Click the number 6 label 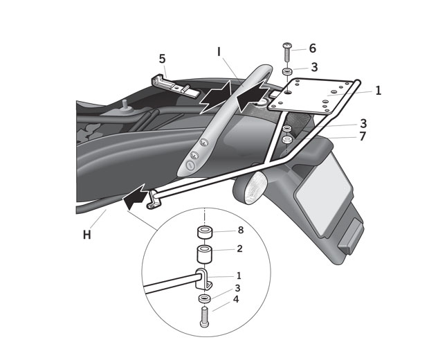point(312,48)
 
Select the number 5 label point(162,59)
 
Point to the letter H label point(87,235)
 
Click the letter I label point(219,52)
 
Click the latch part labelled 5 point(170,84)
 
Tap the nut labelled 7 point(286,140)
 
